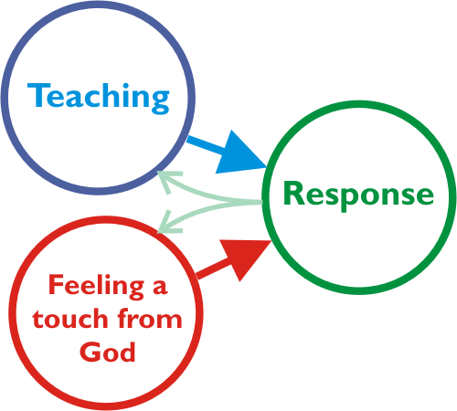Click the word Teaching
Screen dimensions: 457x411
coord(98,98)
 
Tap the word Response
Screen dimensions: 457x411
coord(358,195)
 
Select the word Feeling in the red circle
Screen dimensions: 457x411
coord(96,286)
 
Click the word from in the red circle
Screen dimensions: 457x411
coord(150,318)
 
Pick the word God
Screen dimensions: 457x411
coord(108,352)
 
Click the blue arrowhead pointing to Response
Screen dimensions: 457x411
coord(240,153)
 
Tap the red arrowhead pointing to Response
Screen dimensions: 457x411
coord(246,258)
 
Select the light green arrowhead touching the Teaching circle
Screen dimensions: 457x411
coord(169,181)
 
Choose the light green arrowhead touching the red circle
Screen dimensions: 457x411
coord(169,222)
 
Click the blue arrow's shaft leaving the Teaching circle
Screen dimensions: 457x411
coord(207,144)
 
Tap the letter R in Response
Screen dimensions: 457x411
coord(293,193)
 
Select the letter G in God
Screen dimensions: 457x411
coord(90,352)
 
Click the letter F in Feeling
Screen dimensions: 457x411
coord(56,284)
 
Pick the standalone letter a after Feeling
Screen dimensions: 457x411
coord(160,287)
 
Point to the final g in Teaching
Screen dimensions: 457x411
coord(160,102)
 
